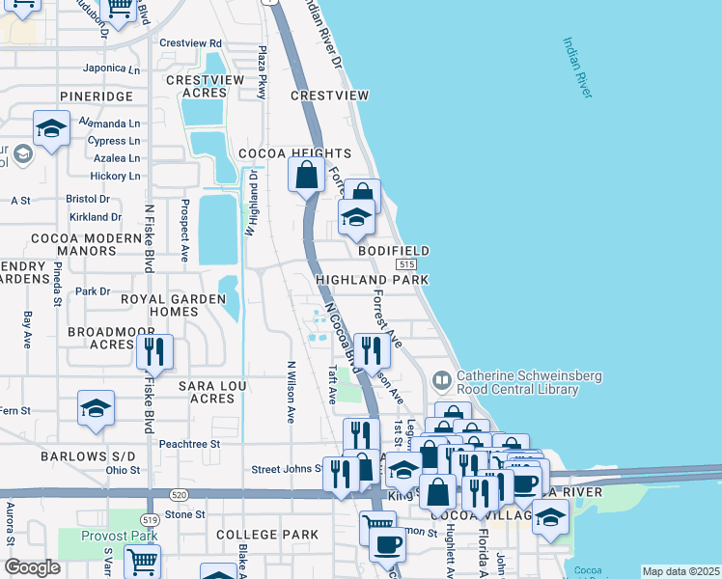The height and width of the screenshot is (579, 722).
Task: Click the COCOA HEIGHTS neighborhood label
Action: point(294,153)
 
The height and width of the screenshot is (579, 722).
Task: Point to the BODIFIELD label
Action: point(393,250)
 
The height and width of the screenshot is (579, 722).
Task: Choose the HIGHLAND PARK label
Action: point(372,279)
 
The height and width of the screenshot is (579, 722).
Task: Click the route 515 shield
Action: point(405,264)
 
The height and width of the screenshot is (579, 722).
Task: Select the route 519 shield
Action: point(149,519)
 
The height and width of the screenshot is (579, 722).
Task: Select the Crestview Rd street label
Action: point(190,43)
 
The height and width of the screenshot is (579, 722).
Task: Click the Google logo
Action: point(32,566)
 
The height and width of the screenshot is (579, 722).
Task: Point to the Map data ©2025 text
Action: point(680,571)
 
